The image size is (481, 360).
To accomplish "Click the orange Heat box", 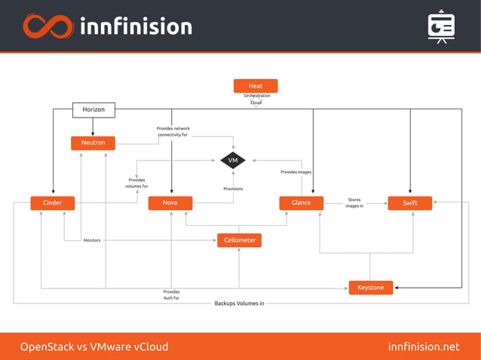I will click(x=256, y=86).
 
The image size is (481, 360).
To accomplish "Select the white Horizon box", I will click(x=93, y=110).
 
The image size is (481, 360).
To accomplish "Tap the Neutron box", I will click(x=93, y=142).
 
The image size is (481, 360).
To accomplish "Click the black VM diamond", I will click(x=233, y=160).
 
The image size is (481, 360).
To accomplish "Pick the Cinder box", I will click(x=52, y=203).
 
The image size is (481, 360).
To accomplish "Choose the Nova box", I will click(x=170, y=203).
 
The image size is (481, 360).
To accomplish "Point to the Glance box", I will click(x=301, y=203).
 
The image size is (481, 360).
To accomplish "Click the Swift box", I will click(x=409, y=203).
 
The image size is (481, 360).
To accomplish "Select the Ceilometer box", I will click(x=240, y=240).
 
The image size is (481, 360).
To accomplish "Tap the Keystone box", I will click(x=370, y=287).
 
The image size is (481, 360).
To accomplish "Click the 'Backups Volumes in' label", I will click(x=239, y=303).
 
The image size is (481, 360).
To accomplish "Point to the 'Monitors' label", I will click(x=92, y=240).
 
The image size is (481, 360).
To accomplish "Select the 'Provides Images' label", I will click(x=296, y=172).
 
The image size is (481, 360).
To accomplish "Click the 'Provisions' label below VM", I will click(x=233, y=188).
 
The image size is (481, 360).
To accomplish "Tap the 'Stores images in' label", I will click(x=354, y=203).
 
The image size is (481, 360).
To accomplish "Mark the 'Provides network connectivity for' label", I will click(x=173, y=132).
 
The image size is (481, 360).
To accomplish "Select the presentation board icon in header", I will click(x=440, y=26).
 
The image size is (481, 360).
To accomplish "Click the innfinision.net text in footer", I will click(x=423, y=346).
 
